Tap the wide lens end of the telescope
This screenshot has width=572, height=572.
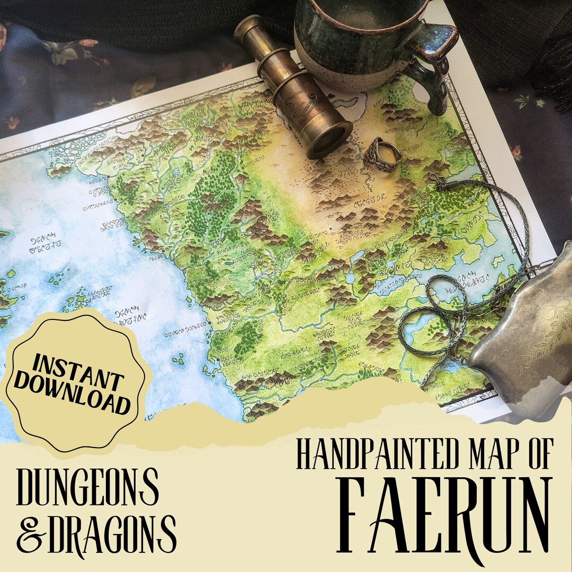329,139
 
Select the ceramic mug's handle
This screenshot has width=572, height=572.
434,69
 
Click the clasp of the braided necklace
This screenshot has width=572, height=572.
439,181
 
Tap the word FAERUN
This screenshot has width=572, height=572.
445,516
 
